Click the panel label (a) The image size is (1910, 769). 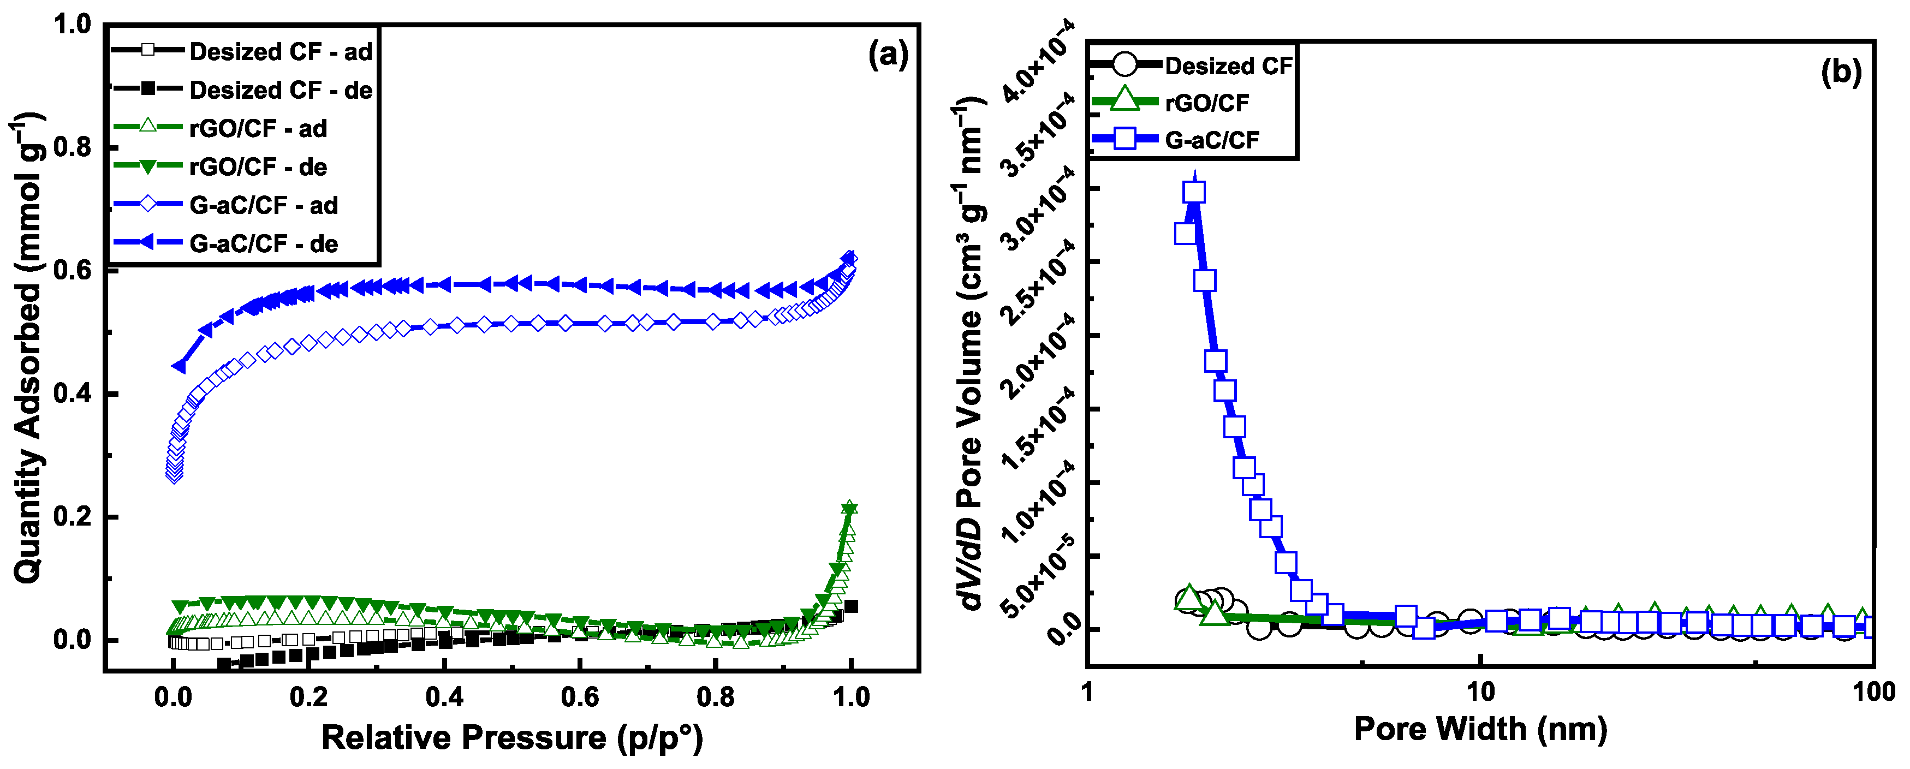[888, 56]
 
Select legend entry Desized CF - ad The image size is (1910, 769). [280, 52]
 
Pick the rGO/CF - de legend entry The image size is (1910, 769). [258, 167]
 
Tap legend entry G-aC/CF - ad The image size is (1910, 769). [263, 205]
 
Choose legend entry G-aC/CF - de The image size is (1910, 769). [263, 244]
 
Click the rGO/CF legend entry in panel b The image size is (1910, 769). [1206, 103]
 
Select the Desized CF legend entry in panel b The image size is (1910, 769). [1227, 66]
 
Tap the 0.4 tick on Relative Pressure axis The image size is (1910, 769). [444, 697]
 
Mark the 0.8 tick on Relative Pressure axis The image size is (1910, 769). [716, 697]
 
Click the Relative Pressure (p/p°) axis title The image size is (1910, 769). [511, 738]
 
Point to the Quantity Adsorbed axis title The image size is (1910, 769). [28, 349]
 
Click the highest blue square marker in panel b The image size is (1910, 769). [1194, 193]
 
